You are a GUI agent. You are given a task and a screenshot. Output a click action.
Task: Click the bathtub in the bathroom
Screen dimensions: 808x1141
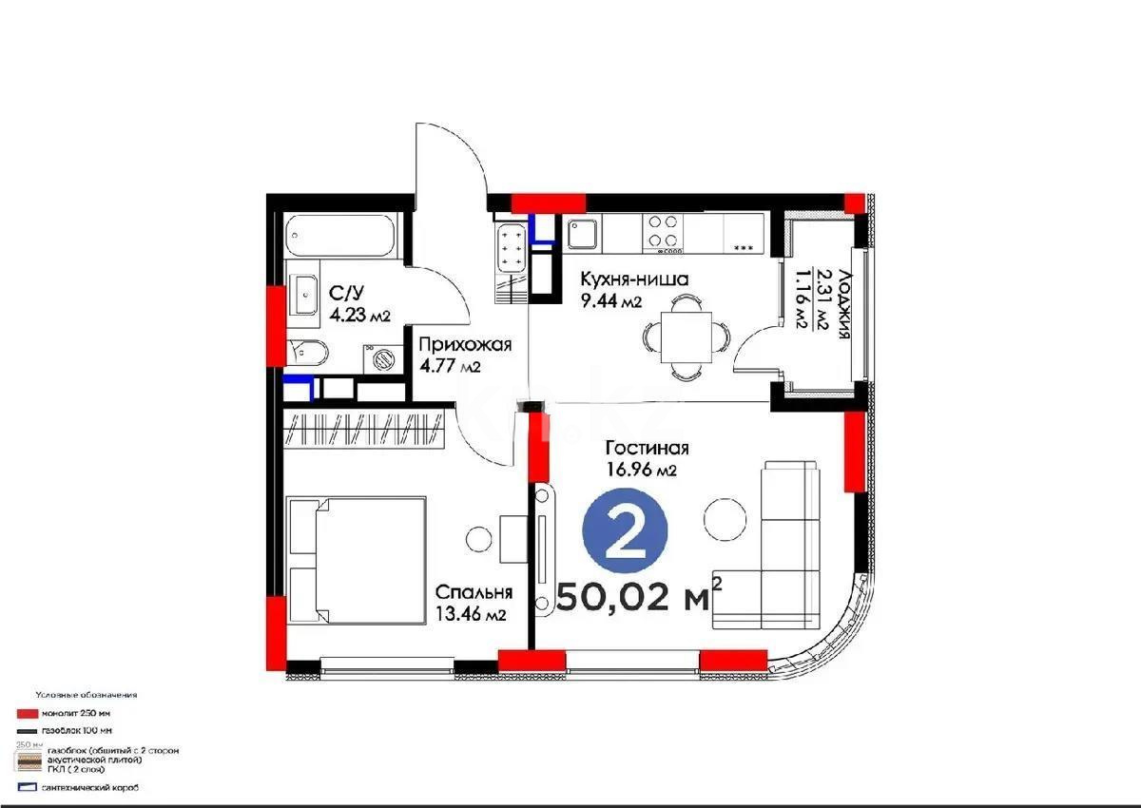(x=340, y=235)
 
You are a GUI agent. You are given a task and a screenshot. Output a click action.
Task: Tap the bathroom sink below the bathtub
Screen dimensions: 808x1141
(x=307, y=296)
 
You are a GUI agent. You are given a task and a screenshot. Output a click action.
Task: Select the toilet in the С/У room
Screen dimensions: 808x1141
(x=309, y=354)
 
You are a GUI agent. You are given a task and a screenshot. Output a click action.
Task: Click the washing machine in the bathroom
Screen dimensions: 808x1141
(x=384, y=358)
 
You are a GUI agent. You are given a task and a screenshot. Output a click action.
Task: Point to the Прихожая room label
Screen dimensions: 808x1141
(x=466, y=345)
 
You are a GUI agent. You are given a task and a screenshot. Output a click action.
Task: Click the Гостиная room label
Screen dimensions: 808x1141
(x=647, y=449)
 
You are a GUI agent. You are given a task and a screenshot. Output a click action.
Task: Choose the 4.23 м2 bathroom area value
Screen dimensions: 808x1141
(x=359, y=317)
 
